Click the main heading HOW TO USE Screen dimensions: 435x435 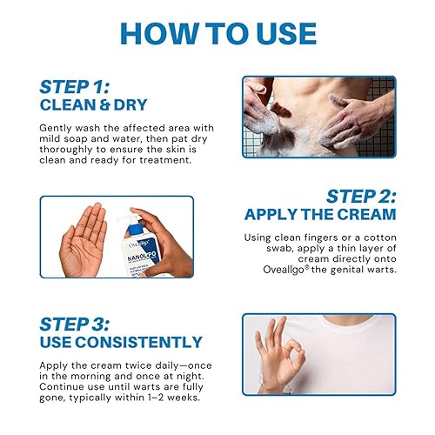pos(217,33)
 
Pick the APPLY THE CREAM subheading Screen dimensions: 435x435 pos(319,214)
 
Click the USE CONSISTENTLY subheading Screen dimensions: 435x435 pos(120,342)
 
